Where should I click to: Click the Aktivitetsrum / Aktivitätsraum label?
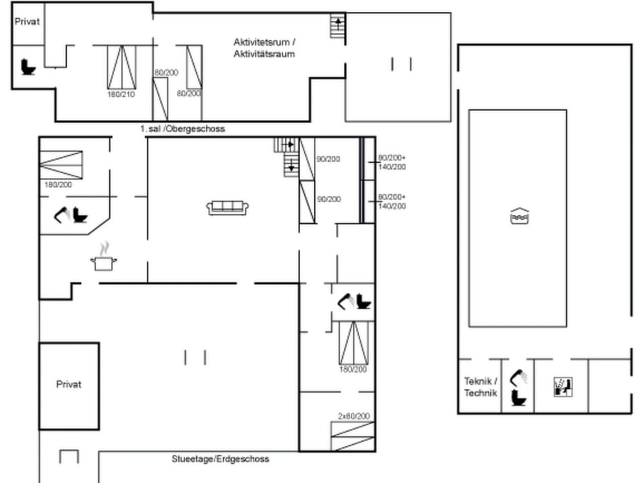(x=264, y=48)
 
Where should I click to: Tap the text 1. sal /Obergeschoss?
(x=182, y=128)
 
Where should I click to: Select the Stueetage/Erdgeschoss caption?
(x=220, y=459)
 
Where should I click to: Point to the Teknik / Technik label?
(x=480, y=387)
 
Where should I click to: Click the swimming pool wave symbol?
(x=519, y=217)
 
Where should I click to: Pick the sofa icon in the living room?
(x=228, y=208)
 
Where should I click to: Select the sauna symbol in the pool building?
(x=563, y=386)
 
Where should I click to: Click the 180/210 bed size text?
(x=121, y=95)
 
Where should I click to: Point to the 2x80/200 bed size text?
(x=354, y=416)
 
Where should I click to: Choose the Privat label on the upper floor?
(x=28, y=21)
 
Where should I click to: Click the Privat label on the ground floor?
(x=68, y=384)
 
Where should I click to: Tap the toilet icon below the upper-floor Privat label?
(x=28, y=66)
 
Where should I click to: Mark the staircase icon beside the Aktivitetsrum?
(x=338, y=26)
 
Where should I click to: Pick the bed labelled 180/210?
(x=121, y=67)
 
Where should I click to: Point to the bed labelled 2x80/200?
(x=353, y=436)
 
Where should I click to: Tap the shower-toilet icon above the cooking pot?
(x=71, y=215)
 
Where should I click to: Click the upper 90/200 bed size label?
(x=329, y=159)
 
